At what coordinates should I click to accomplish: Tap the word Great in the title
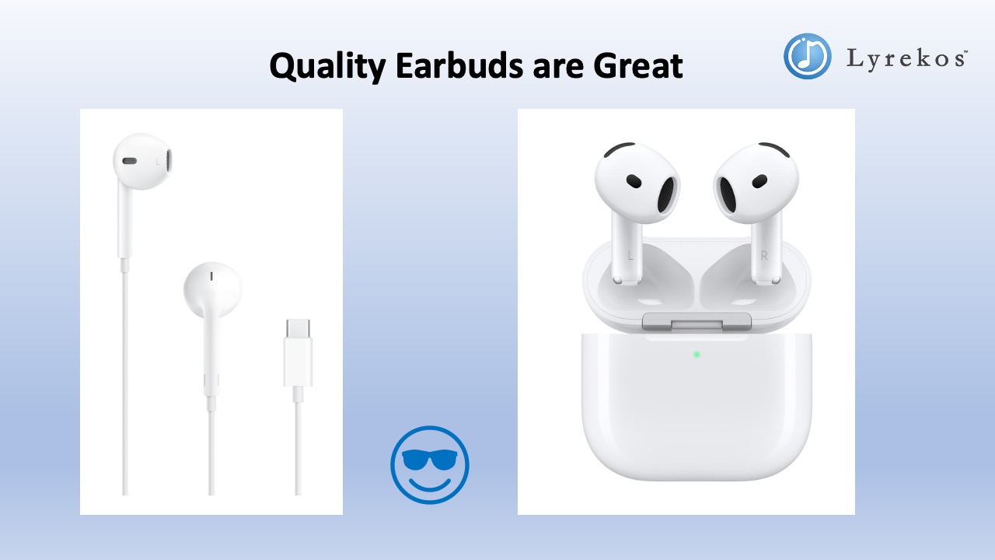pos(638,67)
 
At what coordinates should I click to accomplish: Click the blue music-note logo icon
pos(807,56)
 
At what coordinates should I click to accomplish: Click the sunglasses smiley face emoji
pos(430,464)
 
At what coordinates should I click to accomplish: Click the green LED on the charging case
pos(696,354)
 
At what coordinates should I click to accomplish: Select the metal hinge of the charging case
pos(696,321)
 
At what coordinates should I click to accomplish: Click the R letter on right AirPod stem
pos(764,255)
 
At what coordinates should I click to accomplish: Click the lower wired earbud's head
pos(212,287)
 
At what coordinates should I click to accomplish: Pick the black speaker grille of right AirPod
pos(728,194)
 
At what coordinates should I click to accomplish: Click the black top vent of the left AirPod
pos(619,149)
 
